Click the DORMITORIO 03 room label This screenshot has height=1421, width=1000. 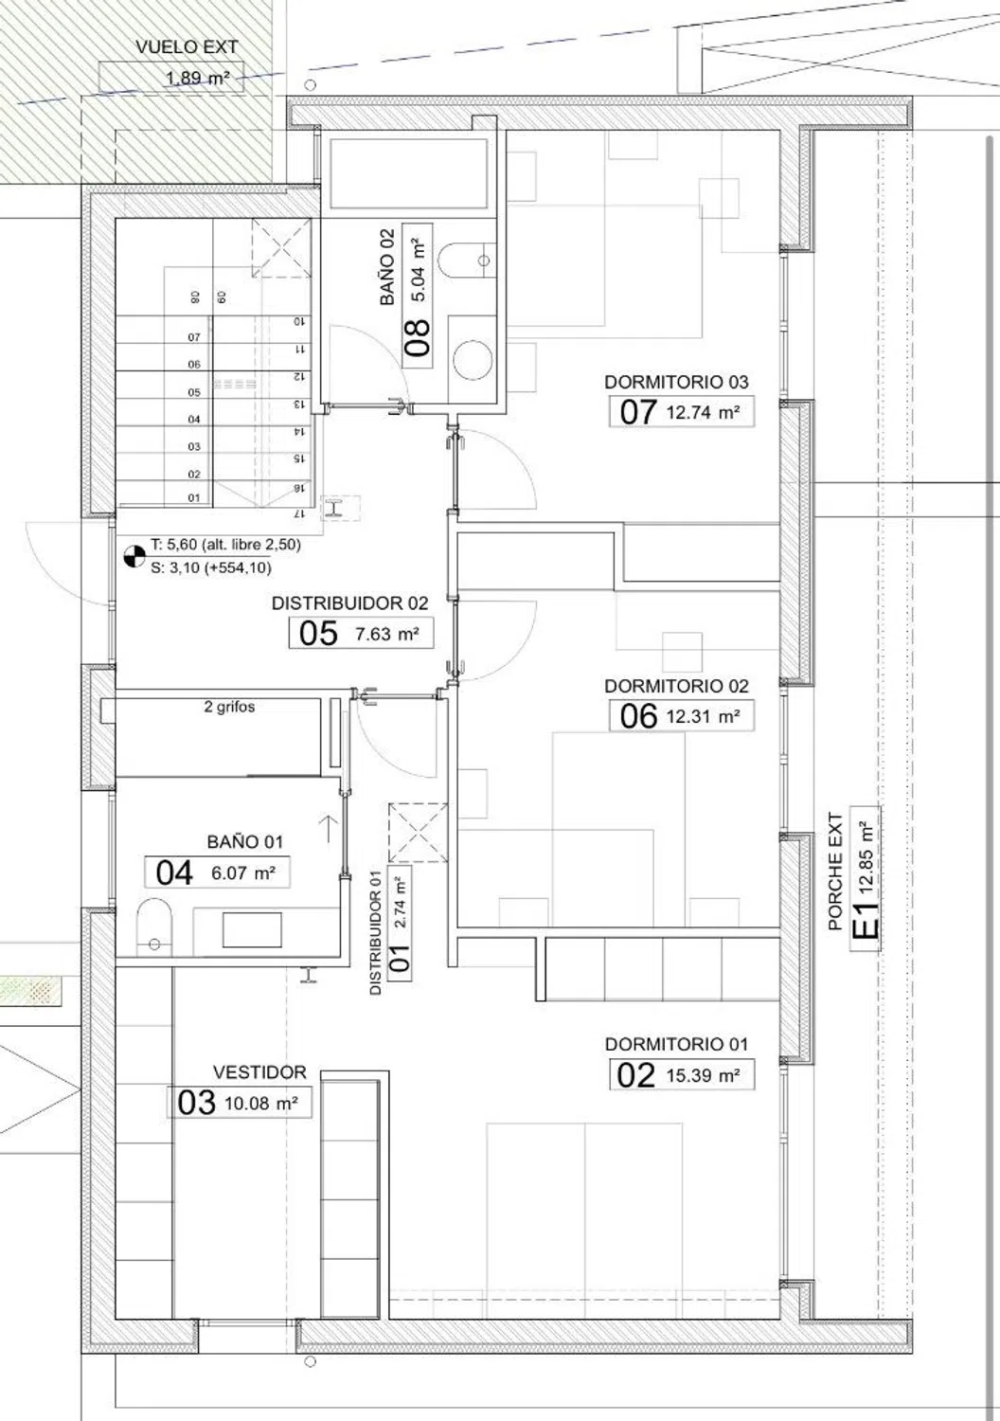tap(676, 382)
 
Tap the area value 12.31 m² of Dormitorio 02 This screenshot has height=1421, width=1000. tap(703, 717)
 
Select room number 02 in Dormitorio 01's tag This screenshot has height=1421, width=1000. tap(635, 1076)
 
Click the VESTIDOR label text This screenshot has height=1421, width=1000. tap(259, 1072)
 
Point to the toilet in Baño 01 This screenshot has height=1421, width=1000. tap(154, 926)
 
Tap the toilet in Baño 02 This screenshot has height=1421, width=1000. tap(466, 261)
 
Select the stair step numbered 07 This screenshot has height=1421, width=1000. tap(194, 337)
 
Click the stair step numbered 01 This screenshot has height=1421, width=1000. tap(194, 498)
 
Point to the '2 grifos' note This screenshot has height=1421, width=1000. tap(229, 707)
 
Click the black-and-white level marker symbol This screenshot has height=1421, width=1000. tap(134, 556)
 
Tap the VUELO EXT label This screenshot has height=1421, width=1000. tap(187, 47)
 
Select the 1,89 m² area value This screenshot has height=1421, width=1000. tap(197, 79)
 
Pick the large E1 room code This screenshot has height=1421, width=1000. tap(866, 920)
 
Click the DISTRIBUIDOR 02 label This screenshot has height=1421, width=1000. tap(350, 603)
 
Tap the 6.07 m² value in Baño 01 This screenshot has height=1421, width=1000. tap(242, 873)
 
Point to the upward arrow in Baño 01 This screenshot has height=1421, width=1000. tap(329, 829)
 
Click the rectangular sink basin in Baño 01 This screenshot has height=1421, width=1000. tap(252, 930)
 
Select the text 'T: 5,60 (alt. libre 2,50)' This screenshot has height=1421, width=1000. tap(225, 545)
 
